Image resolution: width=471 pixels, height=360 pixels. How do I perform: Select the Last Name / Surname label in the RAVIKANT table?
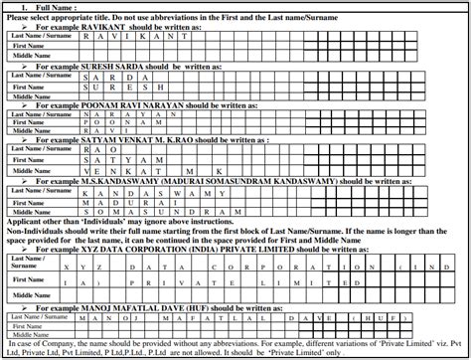[x=39, y=36]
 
